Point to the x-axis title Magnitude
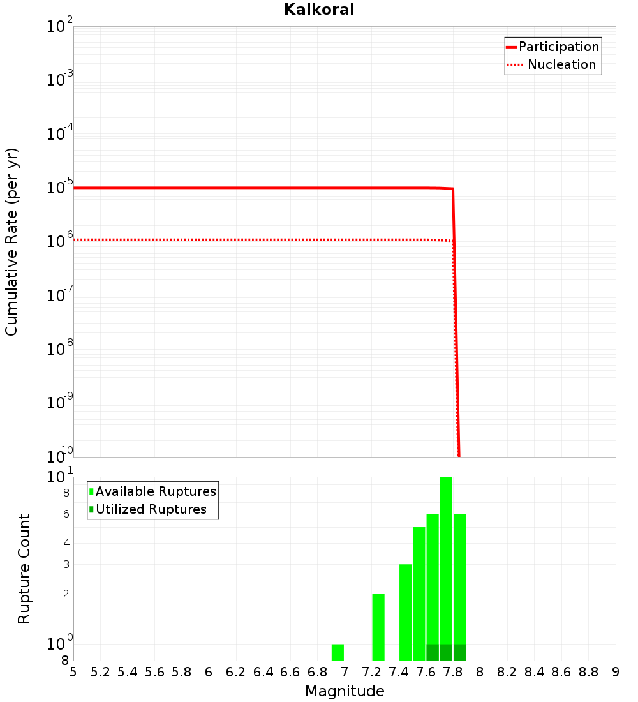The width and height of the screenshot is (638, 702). pos(345,691)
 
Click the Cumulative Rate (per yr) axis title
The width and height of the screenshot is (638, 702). pos(11,242)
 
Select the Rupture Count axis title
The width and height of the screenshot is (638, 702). pos(24,569)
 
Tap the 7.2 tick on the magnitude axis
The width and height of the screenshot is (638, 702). pos(371,672)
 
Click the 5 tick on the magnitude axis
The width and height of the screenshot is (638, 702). pos(73,672)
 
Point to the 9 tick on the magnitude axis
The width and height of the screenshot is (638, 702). pos(616,672)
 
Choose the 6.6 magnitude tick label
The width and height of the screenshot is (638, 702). pos(290,672)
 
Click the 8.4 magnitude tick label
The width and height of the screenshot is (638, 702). pos(534,672)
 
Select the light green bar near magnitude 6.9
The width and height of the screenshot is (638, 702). pos(338,652)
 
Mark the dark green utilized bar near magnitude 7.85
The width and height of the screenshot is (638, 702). pos(460,652)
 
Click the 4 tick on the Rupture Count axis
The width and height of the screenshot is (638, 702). pos(66,544)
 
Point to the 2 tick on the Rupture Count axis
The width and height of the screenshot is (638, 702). pos(66,594)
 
